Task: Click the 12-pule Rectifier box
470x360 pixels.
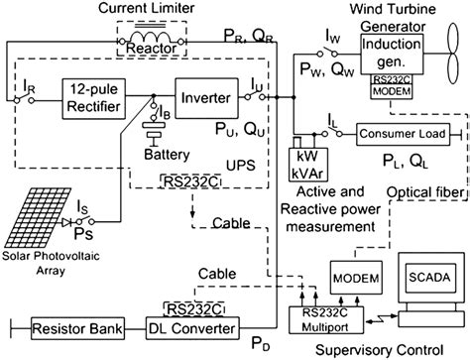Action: point(98,98)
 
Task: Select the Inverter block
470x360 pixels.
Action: point(205,98)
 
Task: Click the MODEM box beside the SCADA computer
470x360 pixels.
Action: point(354,274)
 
